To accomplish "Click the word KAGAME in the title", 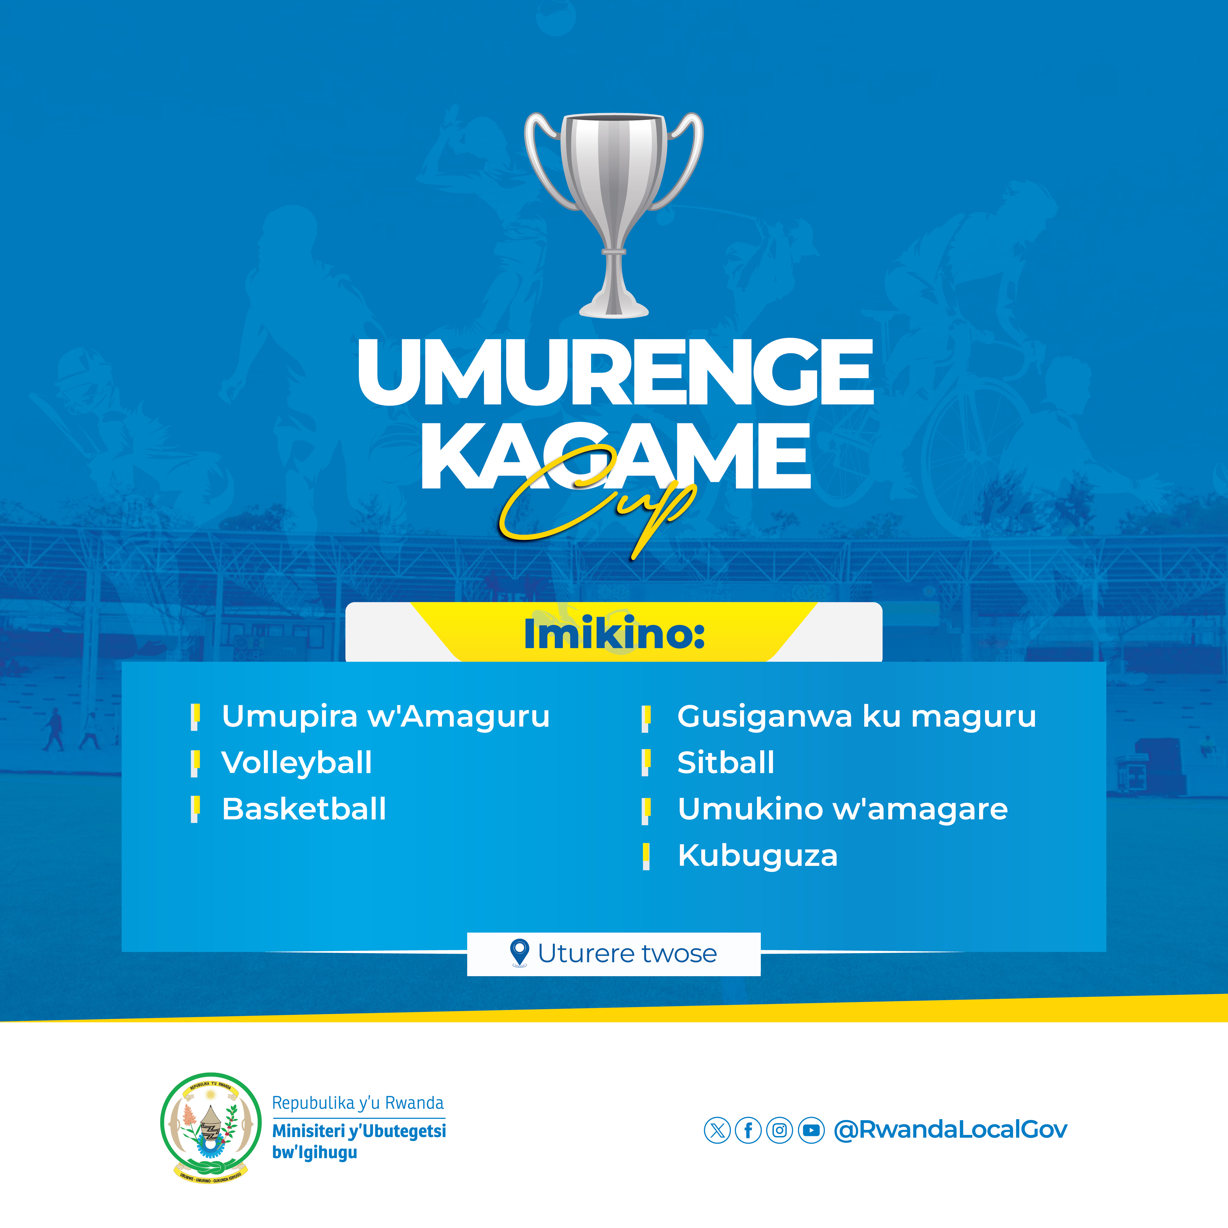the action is [615, 456].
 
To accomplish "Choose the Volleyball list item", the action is [297, 762].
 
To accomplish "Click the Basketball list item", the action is [304, 809].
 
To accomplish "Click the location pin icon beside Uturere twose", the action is [520, 953].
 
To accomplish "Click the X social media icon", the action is [717, 1130].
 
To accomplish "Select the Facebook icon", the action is [748, 1130].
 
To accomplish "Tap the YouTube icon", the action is [811, 1130].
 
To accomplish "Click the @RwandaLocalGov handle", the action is [950, 1129].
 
